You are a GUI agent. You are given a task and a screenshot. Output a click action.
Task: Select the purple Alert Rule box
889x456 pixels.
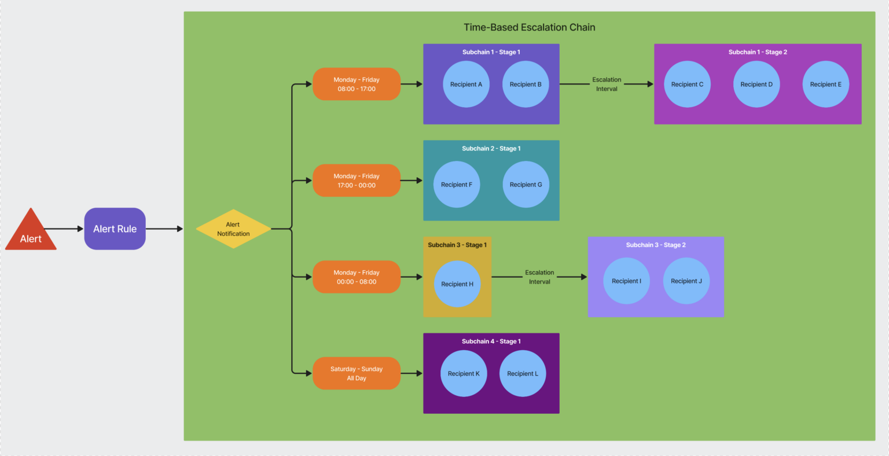(x=115, y=229)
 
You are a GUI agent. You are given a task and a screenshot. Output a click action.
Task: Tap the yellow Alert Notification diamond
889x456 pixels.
(x=233, y=229)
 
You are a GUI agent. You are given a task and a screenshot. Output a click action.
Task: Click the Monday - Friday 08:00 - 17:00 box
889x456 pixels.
(x=357, y=84)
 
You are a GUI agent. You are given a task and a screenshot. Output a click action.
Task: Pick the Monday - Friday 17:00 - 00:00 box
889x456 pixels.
(x=357, y=181)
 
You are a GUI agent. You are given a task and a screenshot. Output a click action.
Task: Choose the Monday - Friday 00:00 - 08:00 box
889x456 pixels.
(x=357, y=277)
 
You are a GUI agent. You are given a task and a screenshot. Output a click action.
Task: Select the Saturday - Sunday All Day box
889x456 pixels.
(x=357, y=373)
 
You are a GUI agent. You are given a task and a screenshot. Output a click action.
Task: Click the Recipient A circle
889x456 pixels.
(x=466, y=84)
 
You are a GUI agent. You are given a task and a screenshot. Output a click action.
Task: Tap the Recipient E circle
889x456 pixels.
(x=825, y=84)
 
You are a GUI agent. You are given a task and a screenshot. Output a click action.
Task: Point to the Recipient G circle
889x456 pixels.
(x=526, y=185)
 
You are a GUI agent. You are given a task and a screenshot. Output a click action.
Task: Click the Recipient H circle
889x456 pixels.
(x=457, y=284)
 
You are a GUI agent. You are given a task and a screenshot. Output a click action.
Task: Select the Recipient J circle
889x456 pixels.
(x=686, y=281)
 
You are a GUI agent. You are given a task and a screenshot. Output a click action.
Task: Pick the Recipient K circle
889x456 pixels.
(x=464, y=373)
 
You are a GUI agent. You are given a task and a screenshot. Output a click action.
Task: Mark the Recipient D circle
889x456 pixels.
(x=756, y=84)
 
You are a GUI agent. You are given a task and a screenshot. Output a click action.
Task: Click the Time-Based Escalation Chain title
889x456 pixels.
(x=529, y=27)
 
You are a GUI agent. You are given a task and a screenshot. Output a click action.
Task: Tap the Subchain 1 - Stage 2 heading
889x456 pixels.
(x=757, y=52)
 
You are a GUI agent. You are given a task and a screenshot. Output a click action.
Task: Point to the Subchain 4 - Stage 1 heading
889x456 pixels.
(x=491, y=341)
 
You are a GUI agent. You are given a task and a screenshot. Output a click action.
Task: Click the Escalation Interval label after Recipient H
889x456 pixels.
(x=539, y=277)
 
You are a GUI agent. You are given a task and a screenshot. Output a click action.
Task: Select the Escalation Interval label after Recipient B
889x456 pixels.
(x=607, y=84)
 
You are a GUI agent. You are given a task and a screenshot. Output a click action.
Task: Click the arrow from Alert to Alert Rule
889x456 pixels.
(x=65, y=229)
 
